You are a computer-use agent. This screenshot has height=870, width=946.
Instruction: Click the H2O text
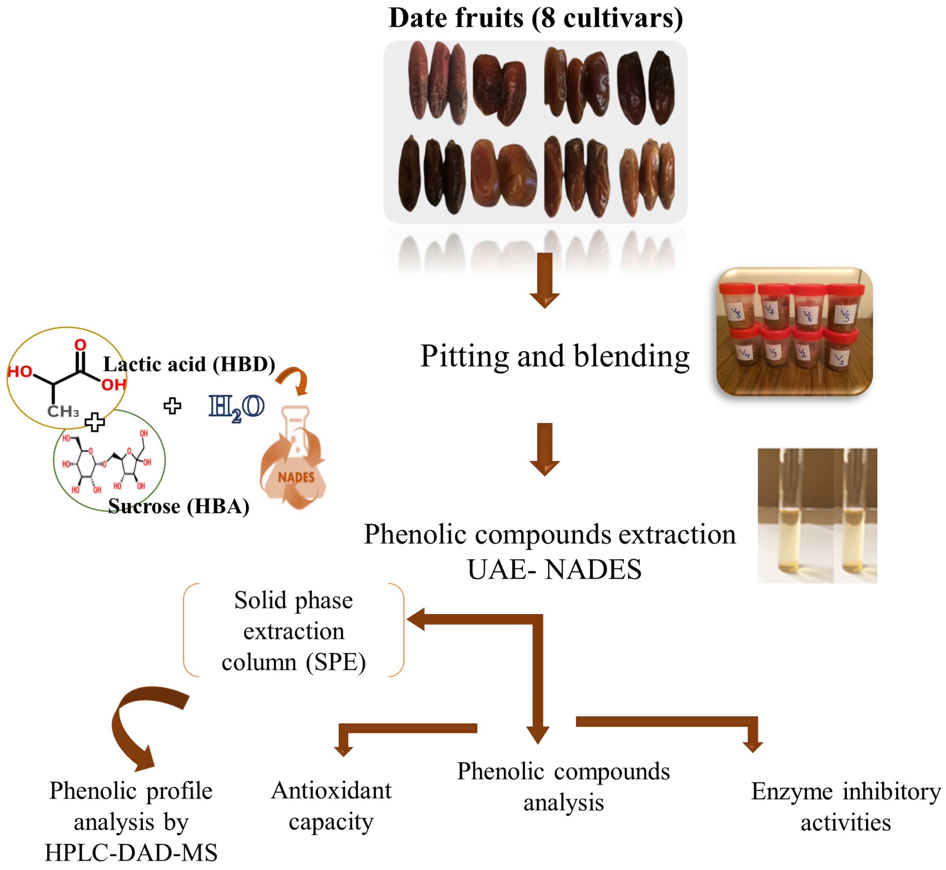(x=236, y=408)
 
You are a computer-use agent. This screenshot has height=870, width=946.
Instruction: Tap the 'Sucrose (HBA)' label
(x=179, y=507)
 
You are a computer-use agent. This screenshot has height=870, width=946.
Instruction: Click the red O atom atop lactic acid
(x=80, y=345)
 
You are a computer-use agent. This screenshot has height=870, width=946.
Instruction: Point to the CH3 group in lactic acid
(x=63, y=412)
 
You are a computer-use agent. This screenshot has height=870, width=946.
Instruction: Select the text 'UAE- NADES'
(x=554, y=569)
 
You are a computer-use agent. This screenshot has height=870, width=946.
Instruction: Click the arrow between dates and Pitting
(x=544, y=280)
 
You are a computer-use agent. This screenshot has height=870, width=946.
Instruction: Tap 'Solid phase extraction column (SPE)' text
(x=293, y=631)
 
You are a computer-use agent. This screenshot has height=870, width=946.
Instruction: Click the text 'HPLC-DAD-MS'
(x=131, y=853)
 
